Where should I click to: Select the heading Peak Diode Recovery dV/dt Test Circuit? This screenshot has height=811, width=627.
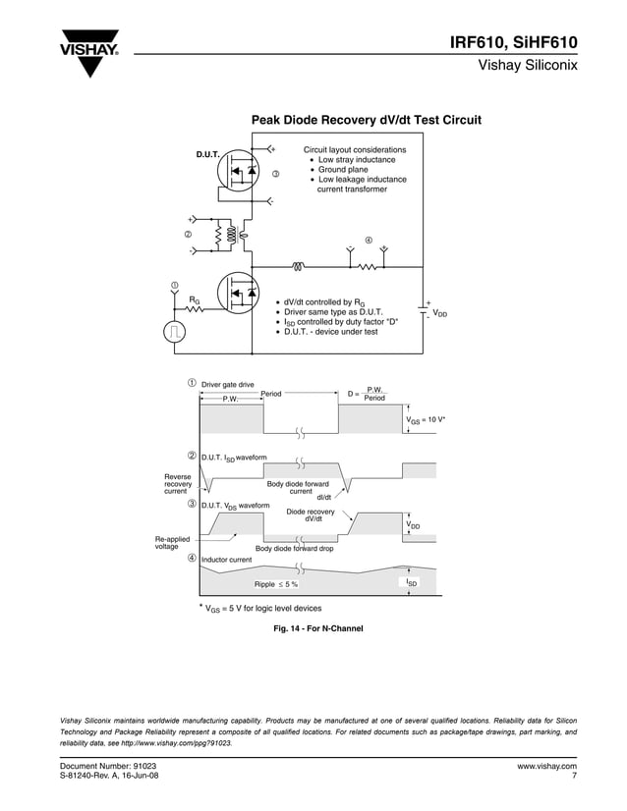pyautogui.click(x=367, y=120)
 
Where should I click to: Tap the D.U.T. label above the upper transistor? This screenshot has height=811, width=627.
pyautogui.click(x=207, y=155)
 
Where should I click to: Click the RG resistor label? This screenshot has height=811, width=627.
pyautogui.click(x=195, y=300)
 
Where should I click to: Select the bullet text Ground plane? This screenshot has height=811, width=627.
pyautogui.click(x=343, y=170)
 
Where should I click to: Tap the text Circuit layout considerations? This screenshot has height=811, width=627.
pyautogui.click(x=354, y=149)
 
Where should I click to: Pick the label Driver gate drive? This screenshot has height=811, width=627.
pyautogui.click(x=228, y=384)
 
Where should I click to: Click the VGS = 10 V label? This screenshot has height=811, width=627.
pyautogui.click(x=426, y=419)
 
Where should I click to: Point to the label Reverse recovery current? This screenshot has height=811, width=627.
pyautogui.click(x=178, y=484)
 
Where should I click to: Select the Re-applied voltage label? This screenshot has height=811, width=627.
pyautogui.click(x=173, y=542)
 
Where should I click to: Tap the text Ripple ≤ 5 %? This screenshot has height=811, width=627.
pyautogui.click(x=276, y=584)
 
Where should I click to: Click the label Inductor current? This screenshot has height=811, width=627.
pyautogui.click(x=227, y=560)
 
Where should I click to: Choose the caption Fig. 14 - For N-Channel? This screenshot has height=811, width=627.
pyautogui.click(x=312, y=628)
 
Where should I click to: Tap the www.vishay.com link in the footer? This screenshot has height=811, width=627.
pyautogui.click(x=546, y=765)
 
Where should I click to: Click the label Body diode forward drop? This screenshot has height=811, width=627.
pyautogui.click(x=295, y=549)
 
